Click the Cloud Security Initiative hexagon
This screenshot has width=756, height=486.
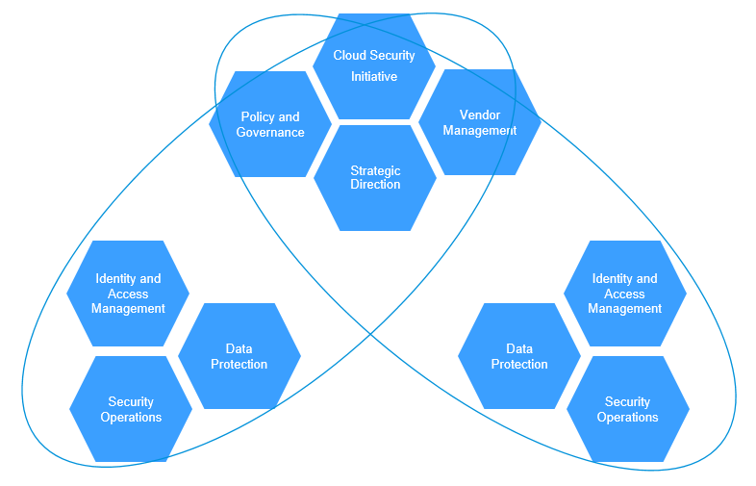pos(374,65)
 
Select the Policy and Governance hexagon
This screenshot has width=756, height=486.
pos(270,124)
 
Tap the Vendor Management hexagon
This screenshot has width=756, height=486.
pos(479,122)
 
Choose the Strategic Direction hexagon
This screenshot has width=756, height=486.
pos(375,177)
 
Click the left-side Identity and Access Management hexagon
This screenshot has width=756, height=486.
pos(128,294)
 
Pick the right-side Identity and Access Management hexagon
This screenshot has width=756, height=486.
pos(625,294)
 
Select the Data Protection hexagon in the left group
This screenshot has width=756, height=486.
pos(239,356)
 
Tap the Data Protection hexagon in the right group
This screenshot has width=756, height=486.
pos(519,356)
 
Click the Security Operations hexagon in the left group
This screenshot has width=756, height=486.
pos(131,409)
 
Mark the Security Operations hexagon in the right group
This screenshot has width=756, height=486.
pos(628,409)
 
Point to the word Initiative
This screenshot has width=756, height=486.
pos(374,76)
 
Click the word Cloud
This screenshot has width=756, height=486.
pos(350,55)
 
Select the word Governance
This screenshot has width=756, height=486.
pos(270,133)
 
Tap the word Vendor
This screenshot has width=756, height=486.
pos(480,115)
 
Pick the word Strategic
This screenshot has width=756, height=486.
pos(375,170)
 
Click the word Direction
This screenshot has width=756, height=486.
pos(375,185)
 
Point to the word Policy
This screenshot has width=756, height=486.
pos(257,117)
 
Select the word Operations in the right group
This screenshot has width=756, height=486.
pos(628,418)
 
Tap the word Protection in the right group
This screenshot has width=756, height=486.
pos(519,365)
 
